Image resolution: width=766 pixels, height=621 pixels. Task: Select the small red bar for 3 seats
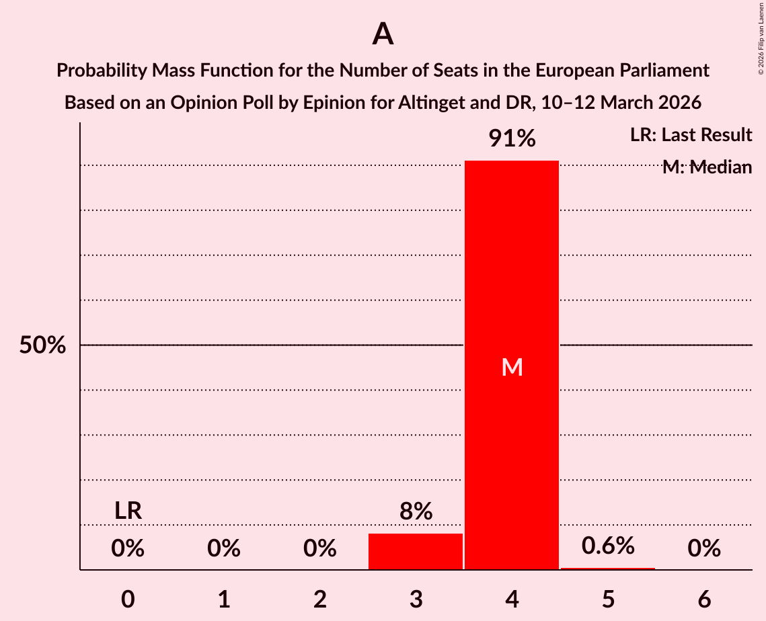(x=416, y=551)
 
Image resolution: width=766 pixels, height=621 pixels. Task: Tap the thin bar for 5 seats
(x=608, y=569)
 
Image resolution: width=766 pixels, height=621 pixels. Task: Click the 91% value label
(x=512, y=139)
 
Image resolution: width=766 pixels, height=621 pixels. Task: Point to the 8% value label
(x=416, y=512)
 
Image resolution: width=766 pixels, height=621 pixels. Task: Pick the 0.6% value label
(x=608, y=546)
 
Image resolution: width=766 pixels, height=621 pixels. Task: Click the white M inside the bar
(x=512, y=367)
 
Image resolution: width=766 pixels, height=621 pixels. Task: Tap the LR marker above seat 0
(x=128, y=511)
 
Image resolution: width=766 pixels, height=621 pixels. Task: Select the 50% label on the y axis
(x=42, y=345)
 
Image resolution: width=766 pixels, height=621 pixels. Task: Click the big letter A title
(x=383, y=34)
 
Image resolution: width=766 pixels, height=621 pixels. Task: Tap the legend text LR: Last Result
(x=691, y=135)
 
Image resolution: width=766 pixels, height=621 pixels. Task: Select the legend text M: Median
(x=707, y=167)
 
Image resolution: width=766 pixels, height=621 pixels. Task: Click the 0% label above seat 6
(x=704, y=549)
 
